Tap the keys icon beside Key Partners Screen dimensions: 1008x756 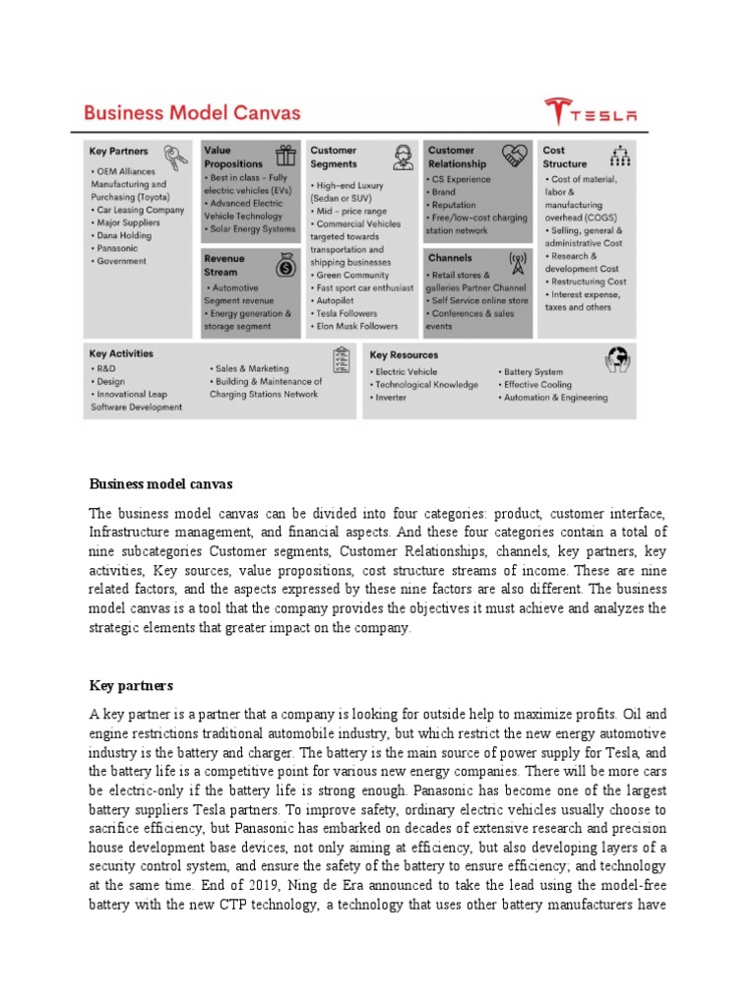(x=177, y=157)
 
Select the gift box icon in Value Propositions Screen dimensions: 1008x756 (x=284, y=156)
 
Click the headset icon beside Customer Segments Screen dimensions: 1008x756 (x=402, y=157)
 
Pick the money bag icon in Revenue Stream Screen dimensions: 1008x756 (x=284, y=265)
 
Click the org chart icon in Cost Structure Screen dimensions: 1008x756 (x=620, y=156)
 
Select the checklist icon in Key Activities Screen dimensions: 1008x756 (x=343, y=360)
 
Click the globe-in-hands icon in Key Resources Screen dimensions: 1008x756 (x=618, y=358)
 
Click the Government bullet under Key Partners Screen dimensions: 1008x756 (x=122, y=261)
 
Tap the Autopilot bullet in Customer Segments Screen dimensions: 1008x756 (x=338, y=300)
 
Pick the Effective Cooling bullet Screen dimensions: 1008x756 (x=536, y=385)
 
